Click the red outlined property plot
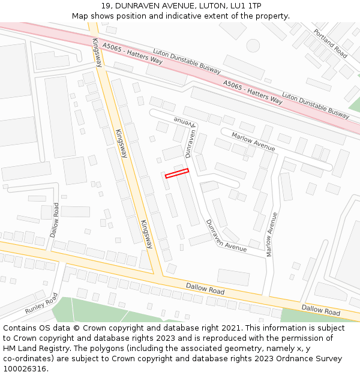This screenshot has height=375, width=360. click(177, 173)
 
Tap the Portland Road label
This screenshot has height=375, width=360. click(331, 43)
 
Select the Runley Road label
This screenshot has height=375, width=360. click(41, 304)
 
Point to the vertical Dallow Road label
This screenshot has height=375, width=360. click(56, 218)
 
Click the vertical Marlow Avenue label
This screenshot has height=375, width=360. click(272, 234)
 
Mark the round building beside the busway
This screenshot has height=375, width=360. click(253, 46)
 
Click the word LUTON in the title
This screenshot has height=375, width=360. click(209, 6)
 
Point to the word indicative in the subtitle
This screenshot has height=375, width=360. click(188, 16)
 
